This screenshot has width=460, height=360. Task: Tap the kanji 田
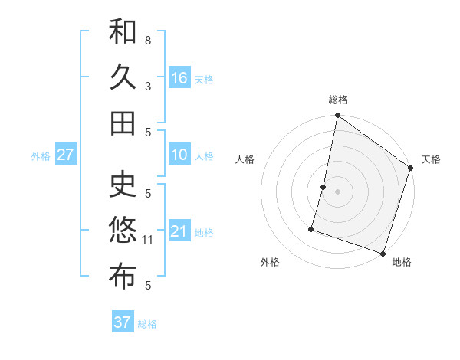123,123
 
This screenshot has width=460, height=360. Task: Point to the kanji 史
123,184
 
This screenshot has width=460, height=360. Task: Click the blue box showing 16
179,77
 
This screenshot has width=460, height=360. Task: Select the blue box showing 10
179,155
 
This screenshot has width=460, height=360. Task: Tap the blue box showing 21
179,231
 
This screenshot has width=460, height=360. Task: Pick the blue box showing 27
65,155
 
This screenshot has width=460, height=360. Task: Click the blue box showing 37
122,322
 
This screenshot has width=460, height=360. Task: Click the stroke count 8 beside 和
148,40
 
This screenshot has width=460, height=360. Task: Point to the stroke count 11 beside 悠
149,240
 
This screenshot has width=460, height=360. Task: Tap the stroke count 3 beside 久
148,86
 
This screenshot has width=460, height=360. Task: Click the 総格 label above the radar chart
338,100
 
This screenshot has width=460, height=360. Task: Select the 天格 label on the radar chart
431,159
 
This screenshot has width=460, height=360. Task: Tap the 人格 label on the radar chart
245,159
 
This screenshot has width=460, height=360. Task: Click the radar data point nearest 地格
383,253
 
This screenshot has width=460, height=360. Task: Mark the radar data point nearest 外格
311,228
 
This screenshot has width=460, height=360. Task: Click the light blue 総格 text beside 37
148,324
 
